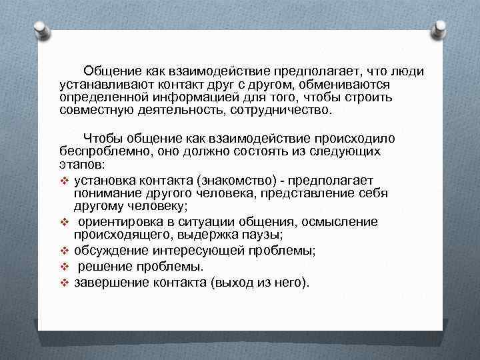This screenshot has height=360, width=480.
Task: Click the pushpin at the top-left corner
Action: (40, 28)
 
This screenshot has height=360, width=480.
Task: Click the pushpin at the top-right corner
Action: (441, 28)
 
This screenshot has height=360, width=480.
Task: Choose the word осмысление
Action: (340, 221)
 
